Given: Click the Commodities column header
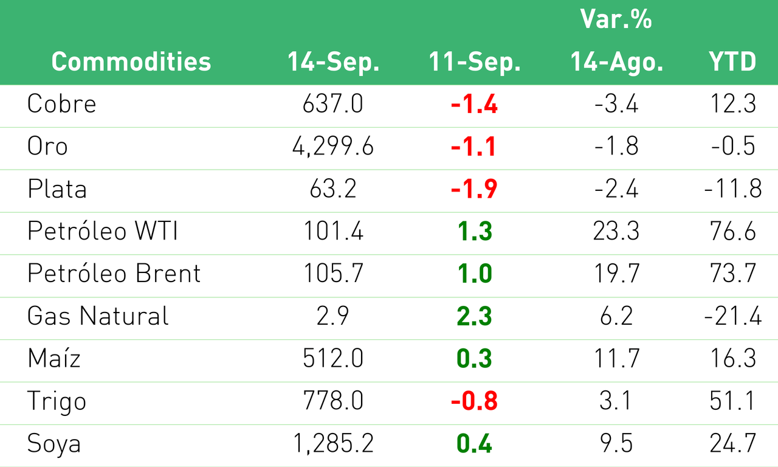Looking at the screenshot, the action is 131,61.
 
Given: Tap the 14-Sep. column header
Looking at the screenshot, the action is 334,62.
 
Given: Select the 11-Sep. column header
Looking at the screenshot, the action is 475,62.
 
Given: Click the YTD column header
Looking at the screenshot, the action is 732,61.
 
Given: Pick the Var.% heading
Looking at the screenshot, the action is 616,19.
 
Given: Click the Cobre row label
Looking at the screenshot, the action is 61,103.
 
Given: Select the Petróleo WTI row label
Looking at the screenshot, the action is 103,230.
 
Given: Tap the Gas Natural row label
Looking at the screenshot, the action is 98,316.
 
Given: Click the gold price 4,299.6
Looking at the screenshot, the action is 332,147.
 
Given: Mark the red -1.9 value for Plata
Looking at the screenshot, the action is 474,189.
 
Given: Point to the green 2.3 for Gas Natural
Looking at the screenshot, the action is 475,316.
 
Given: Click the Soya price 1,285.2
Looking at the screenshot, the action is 333,443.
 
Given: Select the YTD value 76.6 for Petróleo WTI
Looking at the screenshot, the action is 733,230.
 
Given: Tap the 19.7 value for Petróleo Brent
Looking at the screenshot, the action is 616,273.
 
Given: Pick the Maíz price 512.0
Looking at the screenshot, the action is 333,358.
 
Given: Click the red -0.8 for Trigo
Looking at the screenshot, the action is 474,401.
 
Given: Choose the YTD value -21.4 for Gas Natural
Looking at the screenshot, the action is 733,316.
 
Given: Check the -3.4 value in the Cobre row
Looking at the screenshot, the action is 616,103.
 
